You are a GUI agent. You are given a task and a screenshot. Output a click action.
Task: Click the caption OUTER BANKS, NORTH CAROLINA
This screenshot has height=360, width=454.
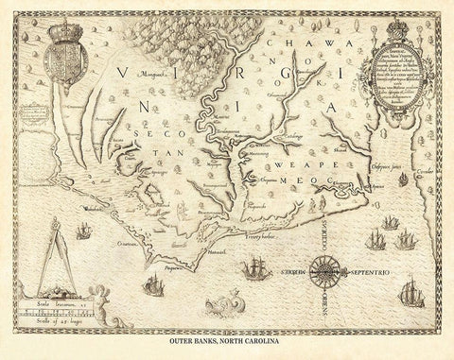click(x=226, y=339)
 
